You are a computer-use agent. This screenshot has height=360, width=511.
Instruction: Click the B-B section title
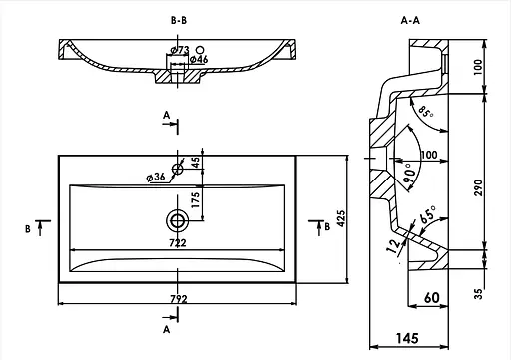click(x=179, y=21)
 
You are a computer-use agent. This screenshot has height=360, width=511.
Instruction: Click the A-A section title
click(x=410, y=21)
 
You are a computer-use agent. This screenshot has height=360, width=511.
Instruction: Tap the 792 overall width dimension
click(x=179, y=299)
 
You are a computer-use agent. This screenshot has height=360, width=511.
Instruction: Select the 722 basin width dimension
click(x=178, y=243)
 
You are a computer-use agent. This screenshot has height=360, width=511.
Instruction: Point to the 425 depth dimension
click(x=341, y=218)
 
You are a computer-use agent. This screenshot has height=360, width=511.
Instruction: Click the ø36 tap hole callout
click(x=156, y=177)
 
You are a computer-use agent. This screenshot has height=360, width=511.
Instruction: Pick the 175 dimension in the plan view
click(x=195, y=199)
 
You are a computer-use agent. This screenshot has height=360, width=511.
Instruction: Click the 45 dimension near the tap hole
click(x=196, y=162)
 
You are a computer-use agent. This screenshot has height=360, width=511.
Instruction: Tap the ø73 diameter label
click(x=180, y=50)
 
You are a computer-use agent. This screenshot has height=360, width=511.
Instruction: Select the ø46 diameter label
click(x=199, y=59)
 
